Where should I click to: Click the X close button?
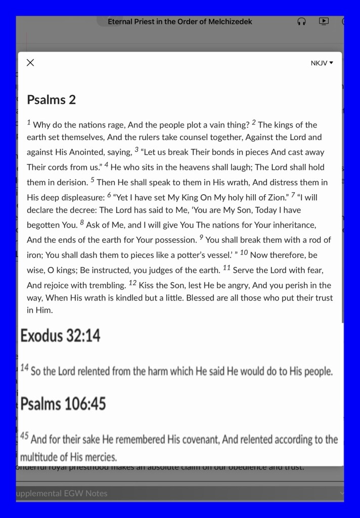(x=30, y=63)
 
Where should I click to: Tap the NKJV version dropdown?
(x=322, y=63)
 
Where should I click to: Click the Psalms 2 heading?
(x=51, y=100)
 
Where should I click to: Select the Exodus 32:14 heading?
(x=60, y=335)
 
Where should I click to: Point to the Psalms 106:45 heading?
(x=63, y=404)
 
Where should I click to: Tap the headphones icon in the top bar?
(x=302, y=22)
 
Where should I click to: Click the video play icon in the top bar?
(x=324, y=22)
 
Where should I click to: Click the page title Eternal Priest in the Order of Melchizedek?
(x=179, y=22)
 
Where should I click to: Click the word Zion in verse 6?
(x=276, y=198)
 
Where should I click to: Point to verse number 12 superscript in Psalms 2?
(x=132, y=283)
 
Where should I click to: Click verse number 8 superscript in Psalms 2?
(x=81, y=223)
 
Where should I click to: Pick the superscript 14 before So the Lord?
(x=24, y=368)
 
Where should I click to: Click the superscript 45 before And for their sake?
(x=24, y=436)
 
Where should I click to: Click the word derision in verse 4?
(x=71, y=183)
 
